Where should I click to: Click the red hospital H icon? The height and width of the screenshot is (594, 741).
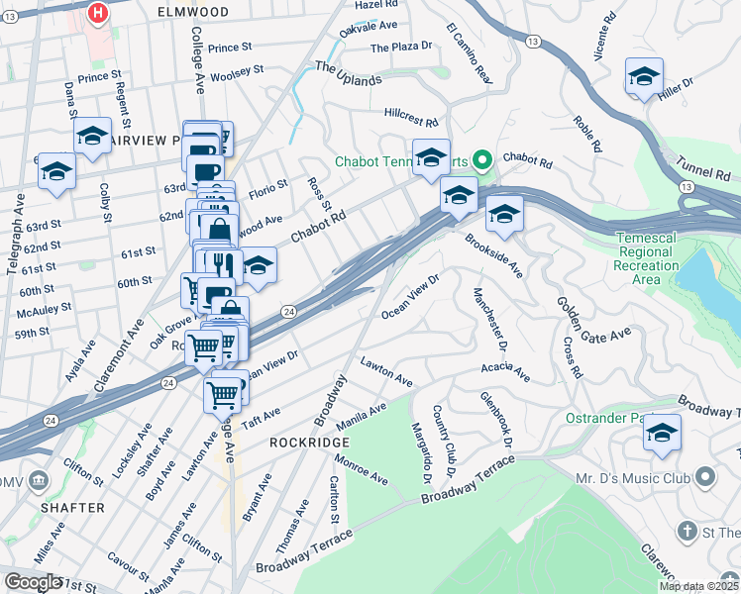98,13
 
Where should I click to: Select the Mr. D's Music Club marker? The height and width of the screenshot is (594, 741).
705,478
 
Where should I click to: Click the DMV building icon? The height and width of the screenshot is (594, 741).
39,481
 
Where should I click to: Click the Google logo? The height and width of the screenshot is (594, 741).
33,582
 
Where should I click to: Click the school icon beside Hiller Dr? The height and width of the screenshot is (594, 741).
644,77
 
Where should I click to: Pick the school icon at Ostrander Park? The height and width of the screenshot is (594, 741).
662,433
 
